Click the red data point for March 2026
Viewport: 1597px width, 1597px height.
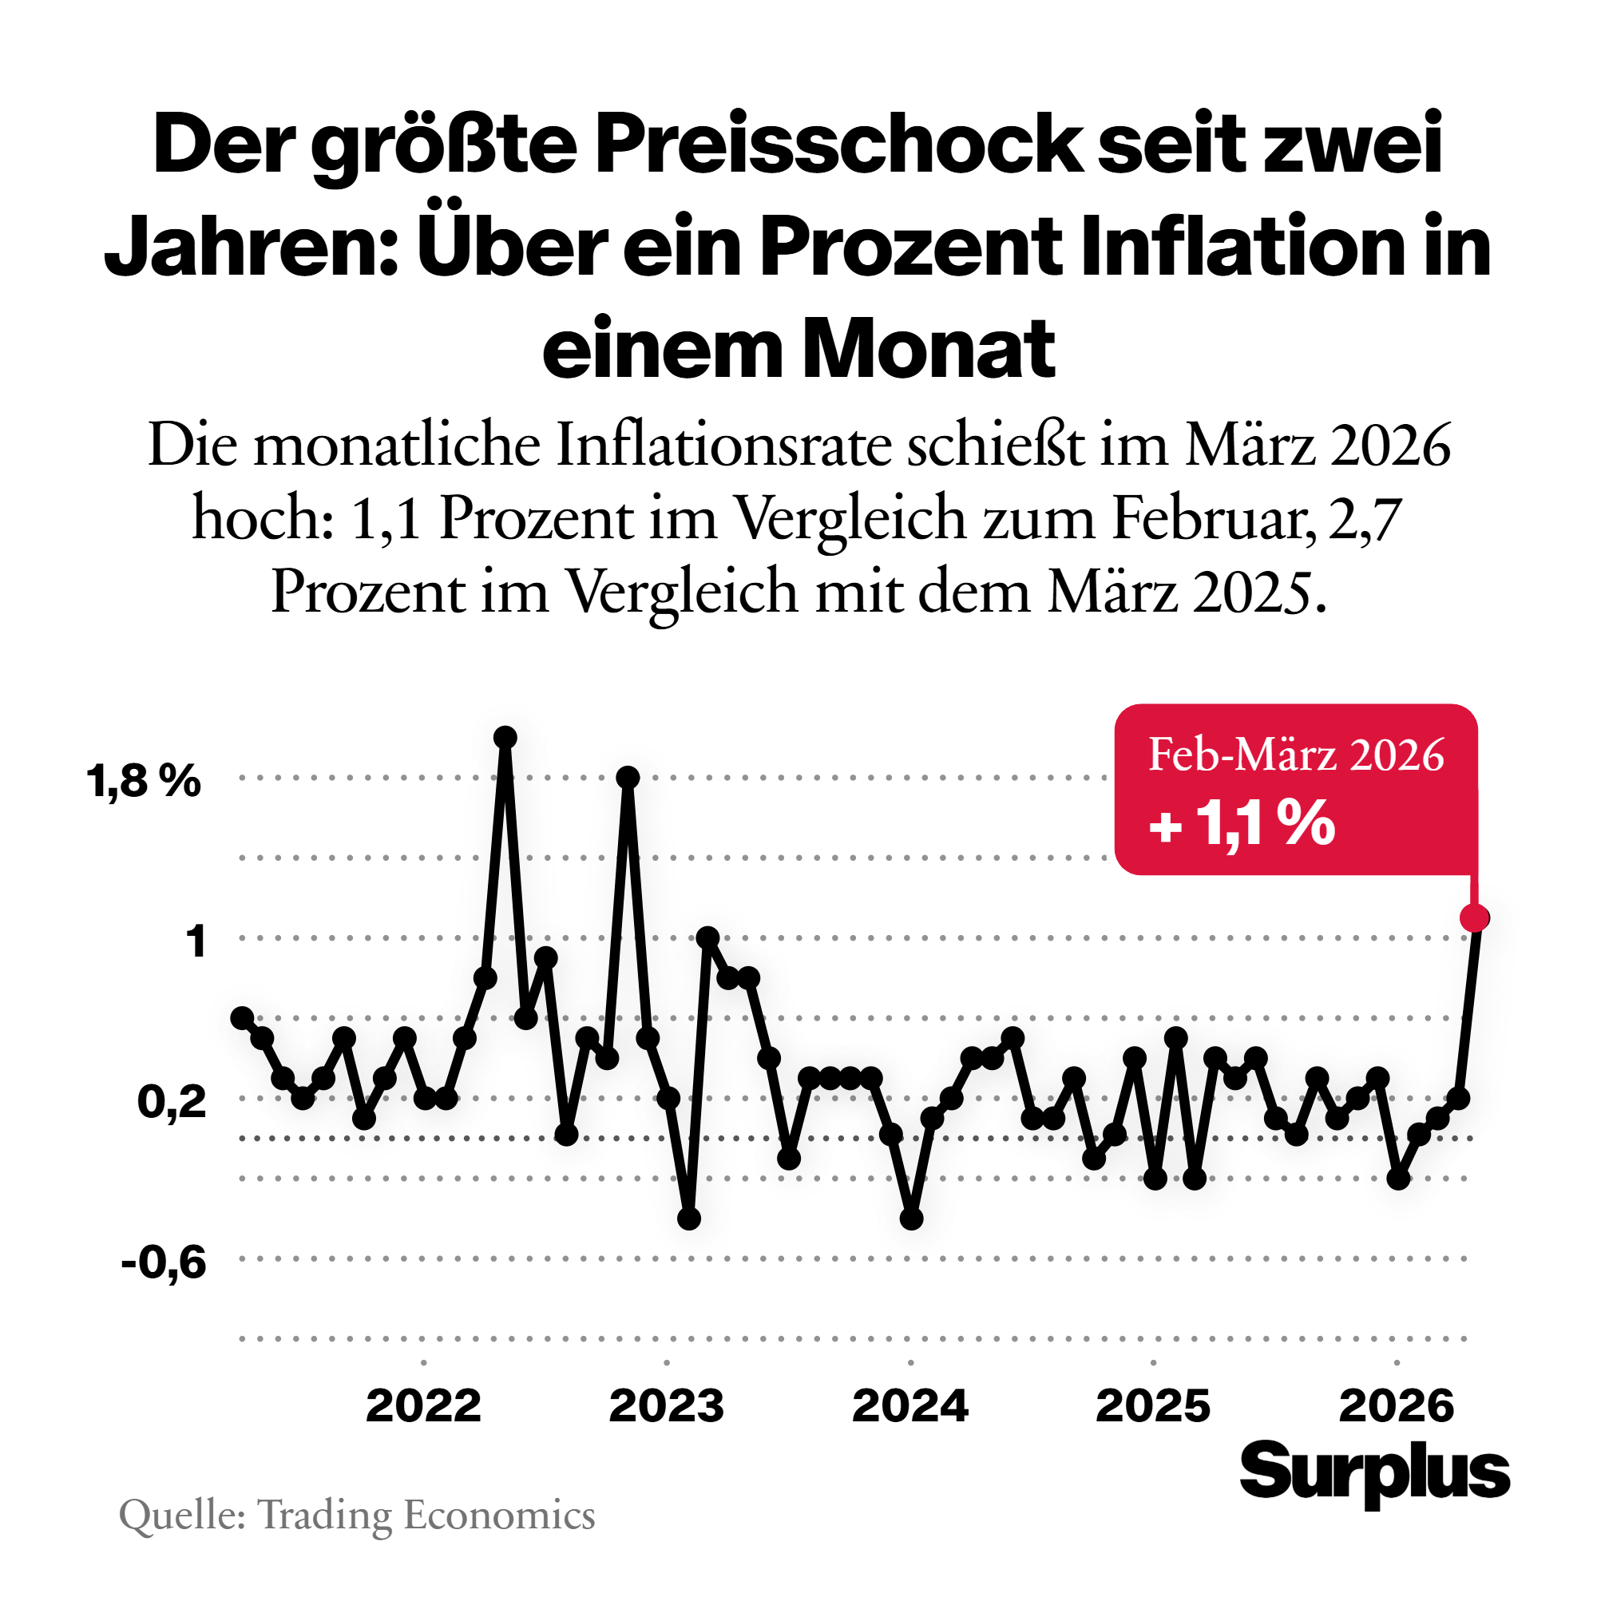(x=1474, y=917)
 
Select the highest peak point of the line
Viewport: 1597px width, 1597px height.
(x=505, y=737)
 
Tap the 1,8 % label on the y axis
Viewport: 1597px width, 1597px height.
(x=144, y=780)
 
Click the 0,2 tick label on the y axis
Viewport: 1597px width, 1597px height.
(x=171, y=1102)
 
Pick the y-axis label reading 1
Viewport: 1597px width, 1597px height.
(x=196, y=941)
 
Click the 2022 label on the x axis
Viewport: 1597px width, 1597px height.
(x=423, y=1406)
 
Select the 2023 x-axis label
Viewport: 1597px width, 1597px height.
(x=666, y=1406)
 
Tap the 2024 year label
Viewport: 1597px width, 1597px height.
(x=909, y=1406)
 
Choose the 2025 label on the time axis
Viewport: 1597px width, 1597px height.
(x=1153, y=1406)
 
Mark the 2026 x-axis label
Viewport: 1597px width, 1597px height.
(x=1396, y=1406)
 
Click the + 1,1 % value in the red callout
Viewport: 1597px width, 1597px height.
(x=1242, y=823)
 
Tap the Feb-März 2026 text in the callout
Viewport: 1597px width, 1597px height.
(x=1295, y=755)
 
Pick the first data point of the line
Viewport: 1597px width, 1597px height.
(x=242, y=1017)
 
